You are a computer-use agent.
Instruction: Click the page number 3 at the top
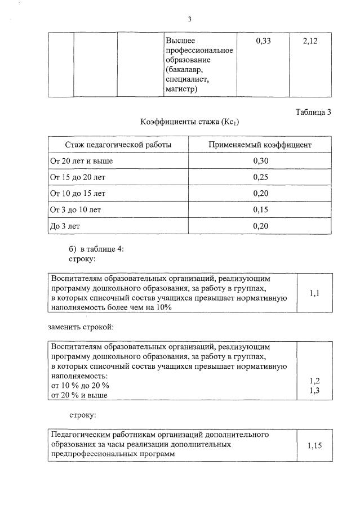[190, 19]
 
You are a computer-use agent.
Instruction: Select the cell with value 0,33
[263, 41]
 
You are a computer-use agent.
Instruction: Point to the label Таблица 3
[313, 112]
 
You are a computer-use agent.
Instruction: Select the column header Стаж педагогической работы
[118, 145]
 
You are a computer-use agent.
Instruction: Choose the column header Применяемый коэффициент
[260, 145]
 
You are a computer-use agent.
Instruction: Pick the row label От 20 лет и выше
[82, 161]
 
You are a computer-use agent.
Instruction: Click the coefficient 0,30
[260, 161]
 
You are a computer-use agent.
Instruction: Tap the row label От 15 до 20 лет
[78, 177]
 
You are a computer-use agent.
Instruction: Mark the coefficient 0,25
[260, 177]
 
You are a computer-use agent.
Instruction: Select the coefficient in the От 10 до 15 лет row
[260, 194]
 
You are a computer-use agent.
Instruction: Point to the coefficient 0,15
[260, 210]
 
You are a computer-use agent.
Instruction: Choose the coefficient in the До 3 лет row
[260, 226]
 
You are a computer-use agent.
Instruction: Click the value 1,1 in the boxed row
[314, 293]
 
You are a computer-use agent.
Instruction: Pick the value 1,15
[314, 445]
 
